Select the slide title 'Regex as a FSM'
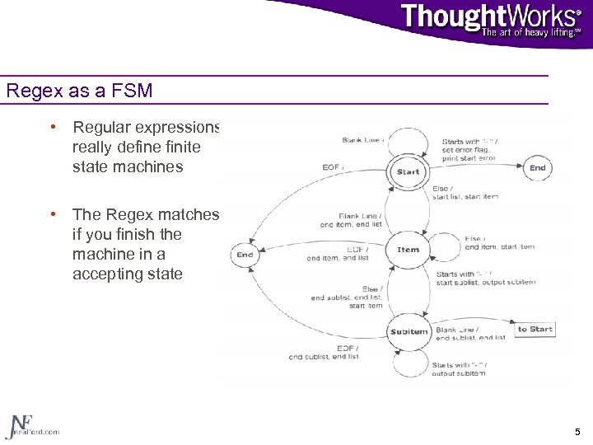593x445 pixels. pos(79,91)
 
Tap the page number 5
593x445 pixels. pos(576,432)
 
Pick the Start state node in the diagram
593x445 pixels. pos(408,171)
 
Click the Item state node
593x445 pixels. pos(408,250)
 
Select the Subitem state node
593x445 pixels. pos(409,331)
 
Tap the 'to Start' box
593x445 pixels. pos(535,329)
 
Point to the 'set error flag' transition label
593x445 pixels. pos(469,150)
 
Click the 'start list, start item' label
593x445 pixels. pos(465,196)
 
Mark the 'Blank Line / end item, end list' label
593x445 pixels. pos(350,220)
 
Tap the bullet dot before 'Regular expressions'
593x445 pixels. pos(53,128)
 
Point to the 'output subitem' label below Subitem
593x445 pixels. pos(459,372)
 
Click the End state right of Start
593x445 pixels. pos(537,167)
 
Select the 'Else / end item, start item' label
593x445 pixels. pos(499,242)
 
